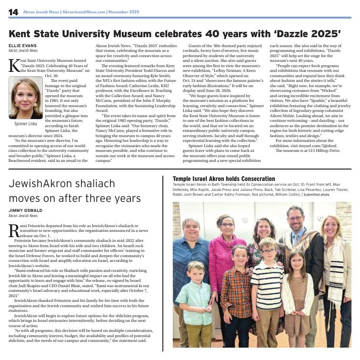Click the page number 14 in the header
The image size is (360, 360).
(x=13, y=11)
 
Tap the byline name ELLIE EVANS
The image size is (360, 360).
(x=21, y=45)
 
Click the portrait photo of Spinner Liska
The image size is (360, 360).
(x=25, y=98)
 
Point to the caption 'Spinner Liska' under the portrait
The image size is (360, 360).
(x=25, y=124)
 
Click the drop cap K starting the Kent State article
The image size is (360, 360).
(x=14, y=66)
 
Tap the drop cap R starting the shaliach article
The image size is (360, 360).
(x=14, y=230)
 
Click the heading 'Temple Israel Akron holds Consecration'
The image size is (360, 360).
(x=223, y=179)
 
